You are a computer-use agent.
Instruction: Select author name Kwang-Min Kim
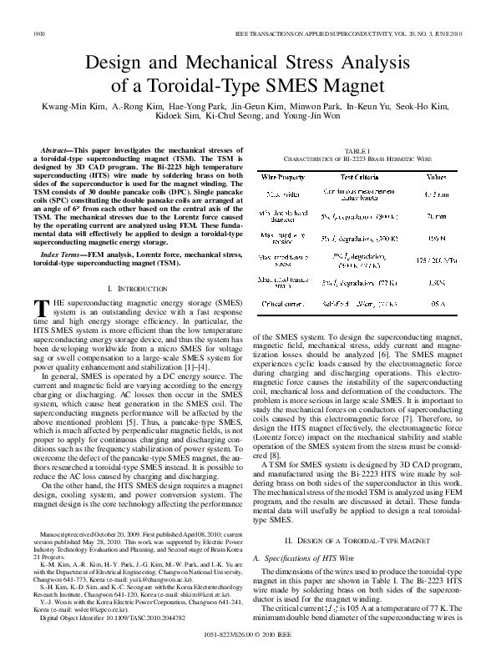pyautogui.click(x=58, y=107)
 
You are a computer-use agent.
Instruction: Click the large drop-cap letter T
pyautogui.click(x=38, y=306)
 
